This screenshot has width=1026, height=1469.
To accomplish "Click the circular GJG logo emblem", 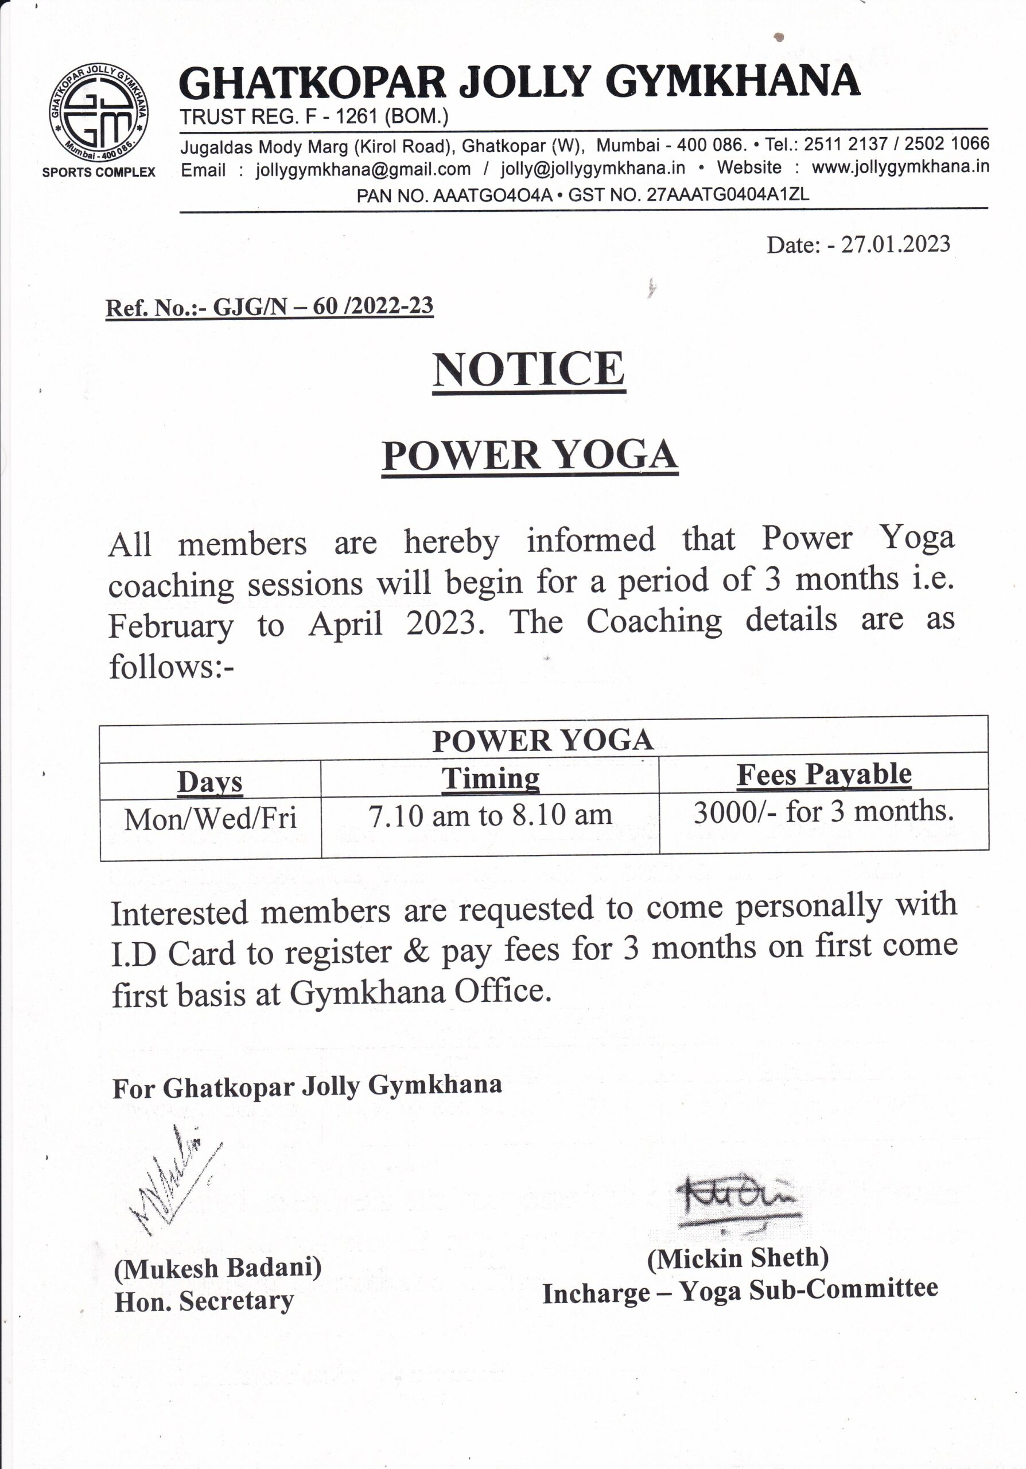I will [x=99, y=112].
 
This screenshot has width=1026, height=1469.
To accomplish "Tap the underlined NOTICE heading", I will [x=528, y=370].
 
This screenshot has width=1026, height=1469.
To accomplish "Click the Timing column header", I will [x=490, y=779].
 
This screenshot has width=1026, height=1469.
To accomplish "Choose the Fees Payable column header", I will [x=824, y=774].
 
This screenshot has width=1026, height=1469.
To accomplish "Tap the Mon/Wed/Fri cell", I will [x=211, y=819].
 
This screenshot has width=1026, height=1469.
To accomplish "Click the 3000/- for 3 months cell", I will [x=824, y=811].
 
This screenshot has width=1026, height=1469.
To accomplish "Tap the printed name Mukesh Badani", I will [x=217, y=1268].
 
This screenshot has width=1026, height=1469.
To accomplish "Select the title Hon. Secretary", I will [x=204, y=1301].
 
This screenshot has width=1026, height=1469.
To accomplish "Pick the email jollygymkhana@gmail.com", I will [x=363, y=169].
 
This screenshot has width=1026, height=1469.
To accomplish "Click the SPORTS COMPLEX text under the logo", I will [x=99, y=172].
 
